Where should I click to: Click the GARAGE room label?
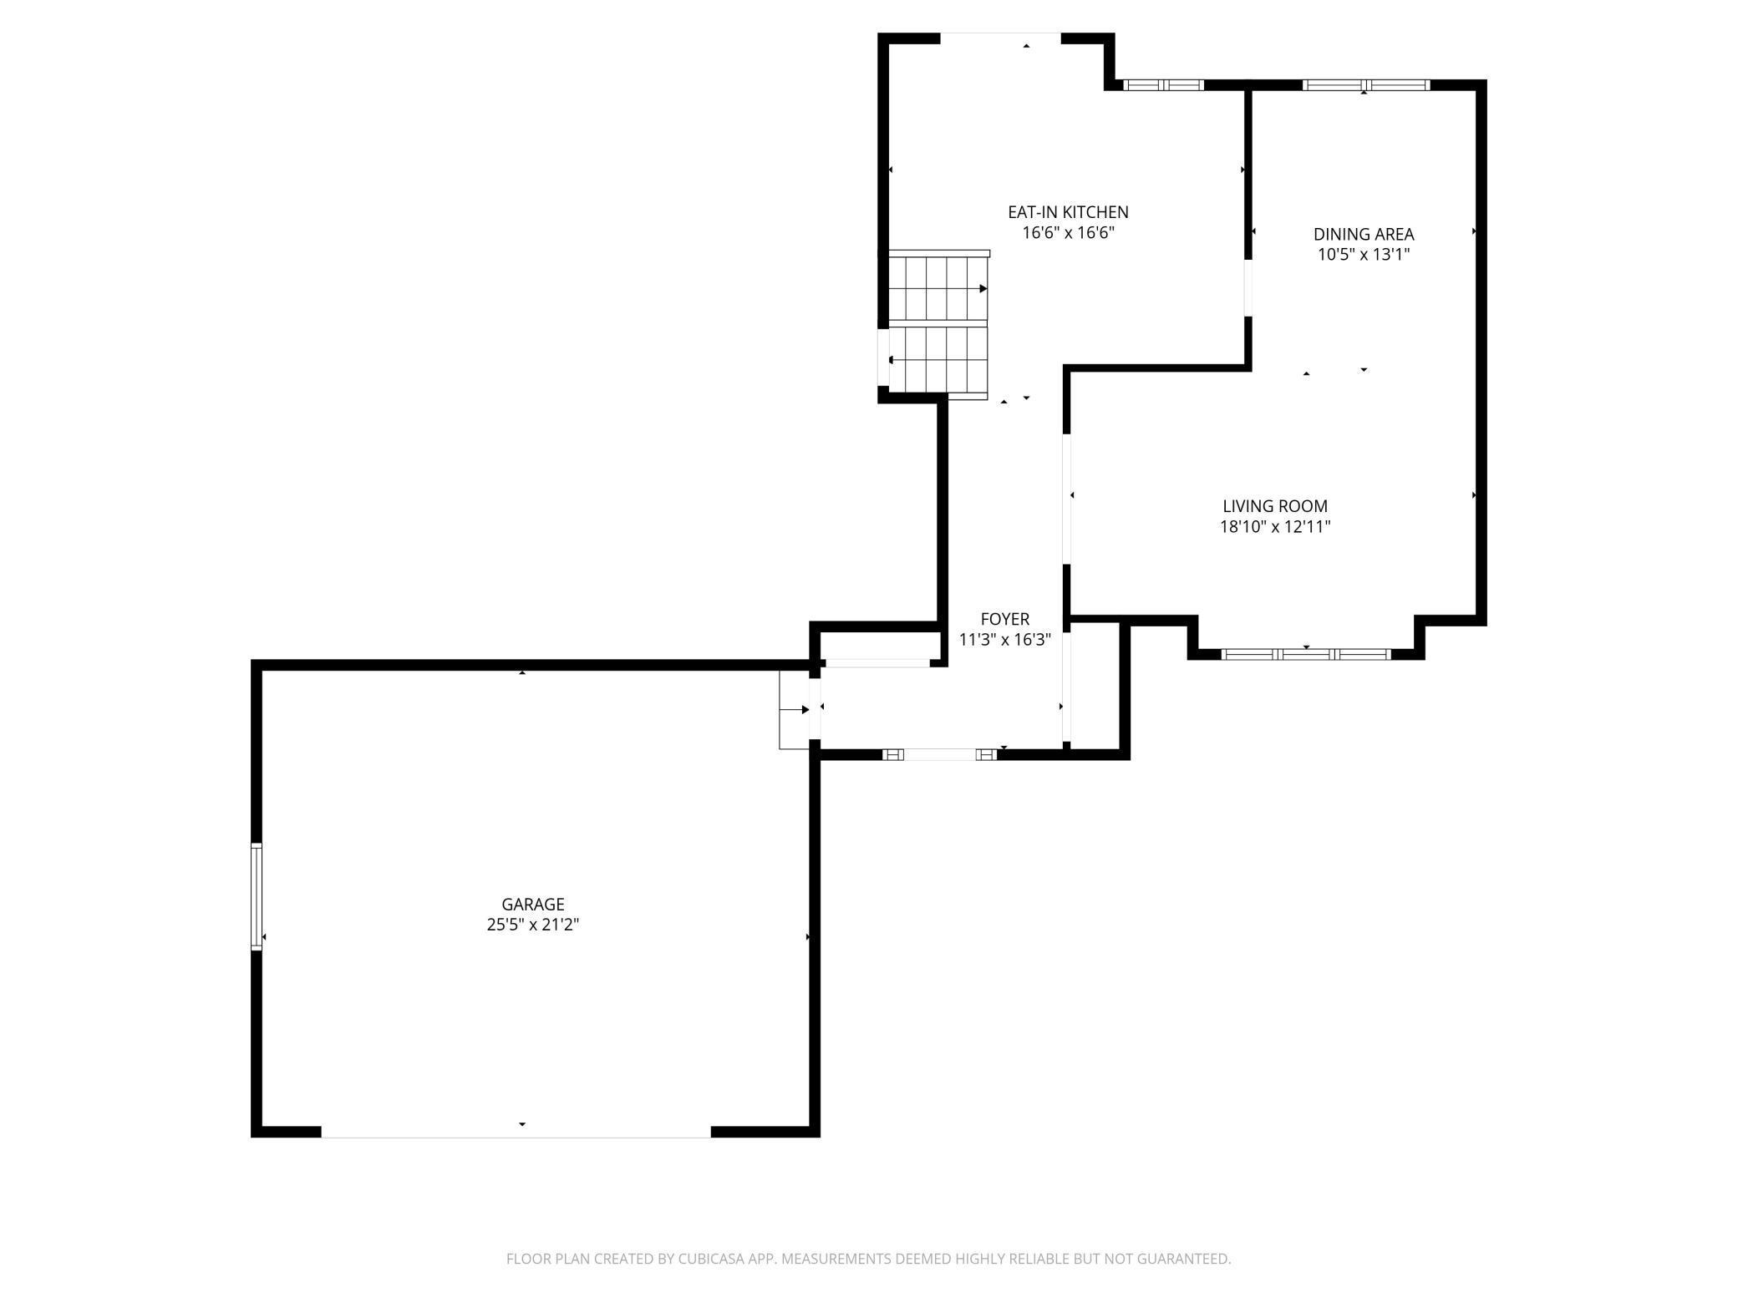[x=532, y=904]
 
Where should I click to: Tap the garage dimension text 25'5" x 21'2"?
[x=532, y=925]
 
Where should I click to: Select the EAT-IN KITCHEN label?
[x=1068, y=212]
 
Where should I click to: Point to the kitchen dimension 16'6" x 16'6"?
[x=1068, y=233]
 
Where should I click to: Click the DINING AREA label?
[x=1363, y=234]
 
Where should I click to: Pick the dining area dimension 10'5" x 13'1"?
[x=1363, y=255]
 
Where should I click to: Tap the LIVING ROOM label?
[x=1274, y=506]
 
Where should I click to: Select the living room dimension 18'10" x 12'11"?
[x=1274, y=527]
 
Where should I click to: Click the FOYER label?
[x=1004, y=619]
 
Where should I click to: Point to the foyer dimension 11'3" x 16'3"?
[x=1004, y=640]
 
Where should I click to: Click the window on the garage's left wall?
[x=257, y=896]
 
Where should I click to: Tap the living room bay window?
[x=1306, y=654]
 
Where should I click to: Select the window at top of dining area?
[x=1365, y=85]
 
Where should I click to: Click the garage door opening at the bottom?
[x=516, y=1133]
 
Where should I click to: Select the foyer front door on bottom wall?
[x=940, y=754]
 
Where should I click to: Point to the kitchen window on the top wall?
[x=1162, y=85]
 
